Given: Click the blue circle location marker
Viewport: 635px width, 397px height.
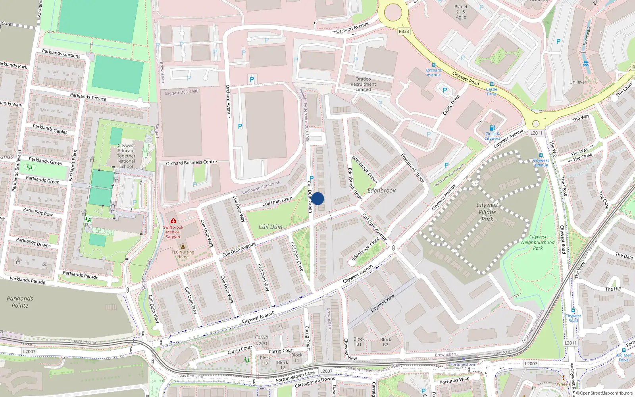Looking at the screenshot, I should (x=317, y=198).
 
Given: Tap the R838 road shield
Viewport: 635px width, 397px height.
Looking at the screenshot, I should (x=404, y=31).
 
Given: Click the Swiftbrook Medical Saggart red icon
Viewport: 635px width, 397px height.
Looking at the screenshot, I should (x=173, y=221).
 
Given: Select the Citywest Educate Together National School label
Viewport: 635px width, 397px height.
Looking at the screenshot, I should (x=126, y=156).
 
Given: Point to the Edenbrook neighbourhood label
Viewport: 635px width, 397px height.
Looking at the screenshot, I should (x=381, y=191).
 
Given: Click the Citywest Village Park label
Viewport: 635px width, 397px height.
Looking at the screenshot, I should (x=487, y=212).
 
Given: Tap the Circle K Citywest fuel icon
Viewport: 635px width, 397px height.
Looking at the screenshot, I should (x=492, y=128).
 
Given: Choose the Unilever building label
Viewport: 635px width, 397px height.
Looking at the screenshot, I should (x=578, y=82).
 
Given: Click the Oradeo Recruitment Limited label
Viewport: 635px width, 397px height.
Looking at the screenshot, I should (x=363, y=84).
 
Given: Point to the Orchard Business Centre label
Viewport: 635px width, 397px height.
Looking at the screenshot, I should (x=191, y=163).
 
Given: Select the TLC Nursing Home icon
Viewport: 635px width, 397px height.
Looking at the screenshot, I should (x=183, y=246).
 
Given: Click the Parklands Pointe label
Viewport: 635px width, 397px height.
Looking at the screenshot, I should (x=20, y=302).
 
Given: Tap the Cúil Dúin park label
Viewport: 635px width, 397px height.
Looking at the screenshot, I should (x=271, y=227).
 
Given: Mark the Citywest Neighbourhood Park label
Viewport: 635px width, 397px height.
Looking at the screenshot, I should (x=538, y=243).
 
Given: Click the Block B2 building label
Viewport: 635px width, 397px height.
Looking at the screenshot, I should (x=385, y=342).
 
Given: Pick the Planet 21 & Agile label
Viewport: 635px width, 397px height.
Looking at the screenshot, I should (x=461, y=12).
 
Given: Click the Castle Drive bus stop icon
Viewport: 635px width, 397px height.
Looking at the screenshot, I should (x=492, y=84).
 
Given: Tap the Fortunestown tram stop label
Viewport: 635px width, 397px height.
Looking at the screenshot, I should (x=463, y=364).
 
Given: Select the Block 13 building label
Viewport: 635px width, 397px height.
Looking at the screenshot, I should (x=265, y=360).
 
